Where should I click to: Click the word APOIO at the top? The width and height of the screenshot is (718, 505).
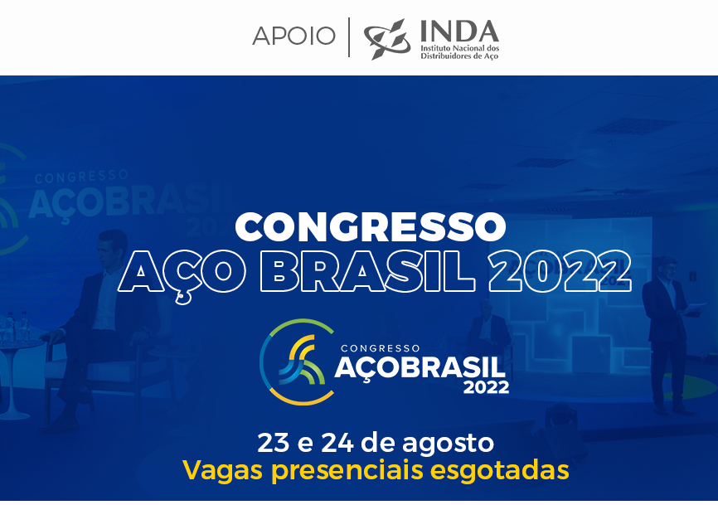[294, 36]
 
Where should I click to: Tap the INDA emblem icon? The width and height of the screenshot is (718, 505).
[387, 39]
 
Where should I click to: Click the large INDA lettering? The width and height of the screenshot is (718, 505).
[459, 32]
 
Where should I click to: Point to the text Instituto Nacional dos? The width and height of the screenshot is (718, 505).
[460, 48]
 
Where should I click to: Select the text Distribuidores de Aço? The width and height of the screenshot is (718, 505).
[459, 56]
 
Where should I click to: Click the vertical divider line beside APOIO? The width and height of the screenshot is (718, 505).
[349, 37]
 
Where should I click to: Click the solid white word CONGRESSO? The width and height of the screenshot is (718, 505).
[371, 226]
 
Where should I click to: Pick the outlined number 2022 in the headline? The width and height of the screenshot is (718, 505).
[560, 271]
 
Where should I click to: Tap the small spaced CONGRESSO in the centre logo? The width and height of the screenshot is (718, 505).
[381, 349]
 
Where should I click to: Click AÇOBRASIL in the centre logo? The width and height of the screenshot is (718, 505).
[420, 367]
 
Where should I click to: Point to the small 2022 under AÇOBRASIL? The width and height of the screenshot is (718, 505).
[487, 387]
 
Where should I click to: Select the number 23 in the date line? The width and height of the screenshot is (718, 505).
[274, 443]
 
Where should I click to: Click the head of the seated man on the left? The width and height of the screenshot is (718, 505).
[112, 249]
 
